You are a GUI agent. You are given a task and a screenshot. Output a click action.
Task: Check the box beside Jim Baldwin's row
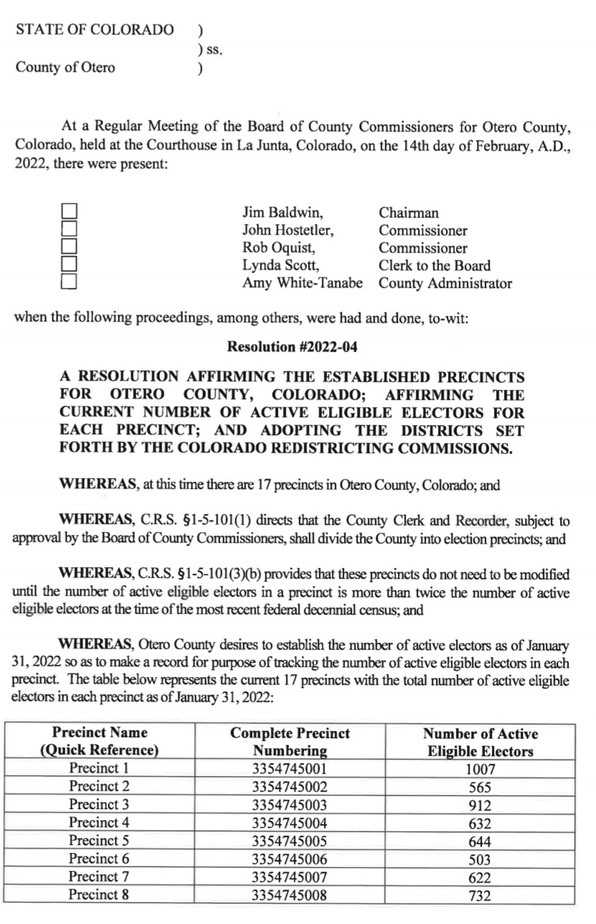pyautogui.click(x=69, y=212)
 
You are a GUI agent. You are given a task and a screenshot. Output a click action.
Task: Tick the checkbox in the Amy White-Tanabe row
pyautogui.click(x=69, y=281)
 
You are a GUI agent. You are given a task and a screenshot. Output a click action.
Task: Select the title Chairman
pyautogui.click(x=409, y=213)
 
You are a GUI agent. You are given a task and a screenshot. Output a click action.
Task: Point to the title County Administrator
pyautogui.click(x=445, y=283)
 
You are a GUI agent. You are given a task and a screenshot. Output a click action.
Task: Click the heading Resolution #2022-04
pyautogui.click(x=292, y=347)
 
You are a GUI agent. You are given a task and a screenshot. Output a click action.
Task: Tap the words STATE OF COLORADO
pyautogui.click(x=95, y=29)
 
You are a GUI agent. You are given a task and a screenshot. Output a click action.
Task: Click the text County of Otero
pyautogui.click(x=65, y=68)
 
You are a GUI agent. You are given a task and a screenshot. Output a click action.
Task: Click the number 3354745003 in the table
pyautogui.click(x=290, y=805)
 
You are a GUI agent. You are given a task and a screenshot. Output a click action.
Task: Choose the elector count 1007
pyautogui.click(x=480, y=769)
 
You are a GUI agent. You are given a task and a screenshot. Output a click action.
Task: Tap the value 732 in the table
pyautogui.click(x=480, y=895)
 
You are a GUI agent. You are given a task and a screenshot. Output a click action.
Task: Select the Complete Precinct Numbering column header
pyautogui.click(x=290, y=742)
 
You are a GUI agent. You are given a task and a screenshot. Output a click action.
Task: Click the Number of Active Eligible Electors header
pyautogui.click(x=480, y=742)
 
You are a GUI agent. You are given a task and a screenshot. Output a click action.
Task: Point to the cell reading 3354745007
pyautogui.click(x=290, y=877)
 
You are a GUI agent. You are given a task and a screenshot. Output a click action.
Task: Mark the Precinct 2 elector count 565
pyautogui.click(x=480, y=787)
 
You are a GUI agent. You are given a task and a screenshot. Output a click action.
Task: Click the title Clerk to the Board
pyautogui.click(x=434, y=266)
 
